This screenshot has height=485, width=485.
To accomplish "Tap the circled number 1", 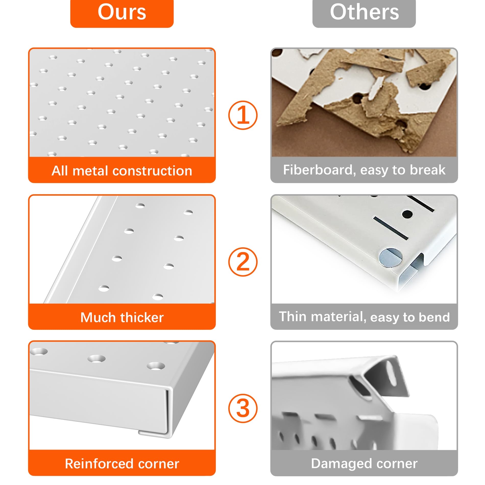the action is [243, 115].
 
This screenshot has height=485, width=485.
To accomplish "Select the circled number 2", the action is [243, 262].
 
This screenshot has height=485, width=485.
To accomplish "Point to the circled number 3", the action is [243, 409].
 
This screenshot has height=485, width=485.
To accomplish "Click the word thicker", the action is [142, 318].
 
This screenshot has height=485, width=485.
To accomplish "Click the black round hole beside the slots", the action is [407, 214].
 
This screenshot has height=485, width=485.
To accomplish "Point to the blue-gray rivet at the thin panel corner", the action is [390, 258].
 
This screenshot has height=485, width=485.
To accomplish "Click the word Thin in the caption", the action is [293, 317].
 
